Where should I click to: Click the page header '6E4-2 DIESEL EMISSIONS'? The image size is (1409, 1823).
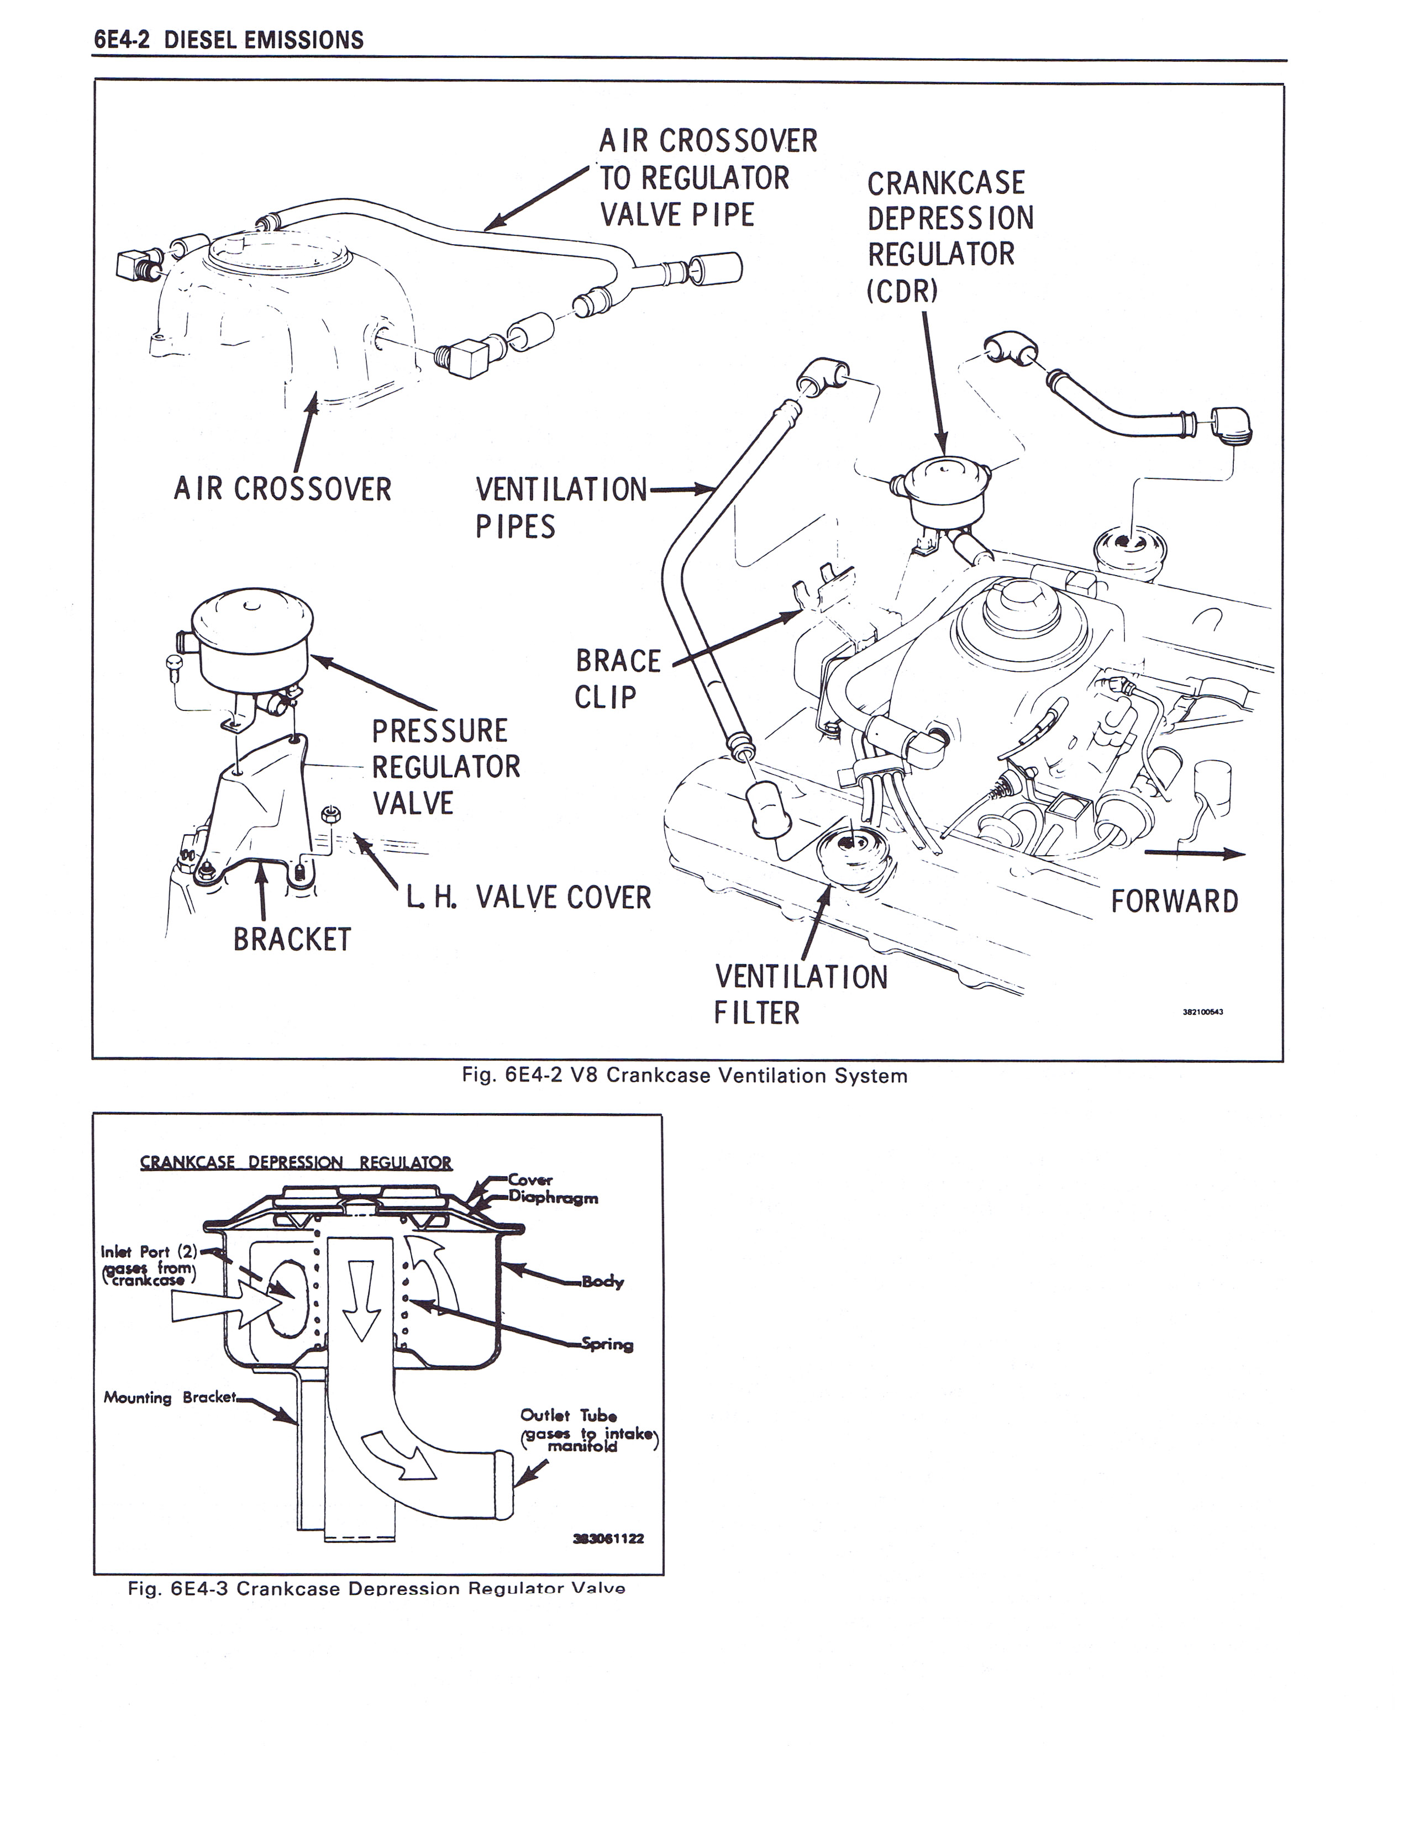pyautogui.click(x=229, y=40)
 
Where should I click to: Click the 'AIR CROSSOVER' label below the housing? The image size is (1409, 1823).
pyautogui.click(x=282, y=489)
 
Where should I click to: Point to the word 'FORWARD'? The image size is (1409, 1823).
pyautogui.click(x=1175, y=902)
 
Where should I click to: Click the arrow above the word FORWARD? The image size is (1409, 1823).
pyautogui.click(x=1194, y=853)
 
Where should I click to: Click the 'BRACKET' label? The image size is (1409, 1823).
pyautogui.click(x=292, y=939)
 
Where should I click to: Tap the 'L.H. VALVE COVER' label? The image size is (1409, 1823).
pyautogui.click(x=528, y=897)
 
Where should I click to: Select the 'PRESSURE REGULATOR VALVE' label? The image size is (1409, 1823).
pyautogui.click(x=446, y=766)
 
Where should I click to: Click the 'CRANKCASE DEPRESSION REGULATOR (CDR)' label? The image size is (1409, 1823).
pyautogui.click(x=950, y=236)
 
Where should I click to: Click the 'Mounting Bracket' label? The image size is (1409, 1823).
pyautogui.click(x=170, y=1397)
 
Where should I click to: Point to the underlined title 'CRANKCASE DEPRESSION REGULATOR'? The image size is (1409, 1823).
pyautogui.click(x=296, y=1163)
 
